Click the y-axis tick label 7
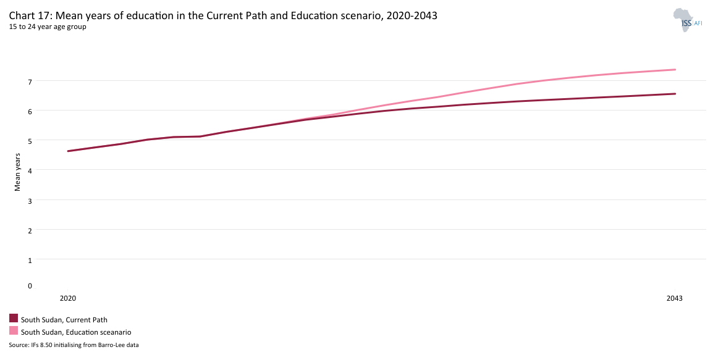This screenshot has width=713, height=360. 29,81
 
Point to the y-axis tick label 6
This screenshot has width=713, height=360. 29,111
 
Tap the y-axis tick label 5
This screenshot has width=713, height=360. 29,140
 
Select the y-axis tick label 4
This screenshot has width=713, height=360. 29,170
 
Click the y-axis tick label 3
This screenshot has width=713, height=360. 29,200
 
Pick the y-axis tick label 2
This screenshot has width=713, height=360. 29,230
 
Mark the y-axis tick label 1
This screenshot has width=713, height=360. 29,260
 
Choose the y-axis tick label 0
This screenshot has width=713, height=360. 29,286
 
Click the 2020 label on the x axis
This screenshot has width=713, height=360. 67,298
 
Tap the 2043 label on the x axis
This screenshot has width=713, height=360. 675,298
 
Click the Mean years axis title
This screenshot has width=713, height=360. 18,172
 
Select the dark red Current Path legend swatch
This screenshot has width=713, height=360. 14,319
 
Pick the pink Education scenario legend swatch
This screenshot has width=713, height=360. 14,331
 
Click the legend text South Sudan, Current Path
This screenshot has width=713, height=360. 64,320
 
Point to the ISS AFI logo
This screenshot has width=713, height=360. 686,20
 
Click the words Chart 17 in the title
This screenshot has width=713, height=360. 28,16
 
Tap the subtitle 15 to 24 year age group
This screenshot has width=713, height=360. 48,27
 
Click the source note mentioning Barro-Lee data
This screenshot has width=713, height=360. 74,345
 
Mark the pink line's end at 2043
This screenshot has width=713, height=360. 675,70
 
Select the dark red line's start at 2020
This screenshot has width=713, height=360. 68,151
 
